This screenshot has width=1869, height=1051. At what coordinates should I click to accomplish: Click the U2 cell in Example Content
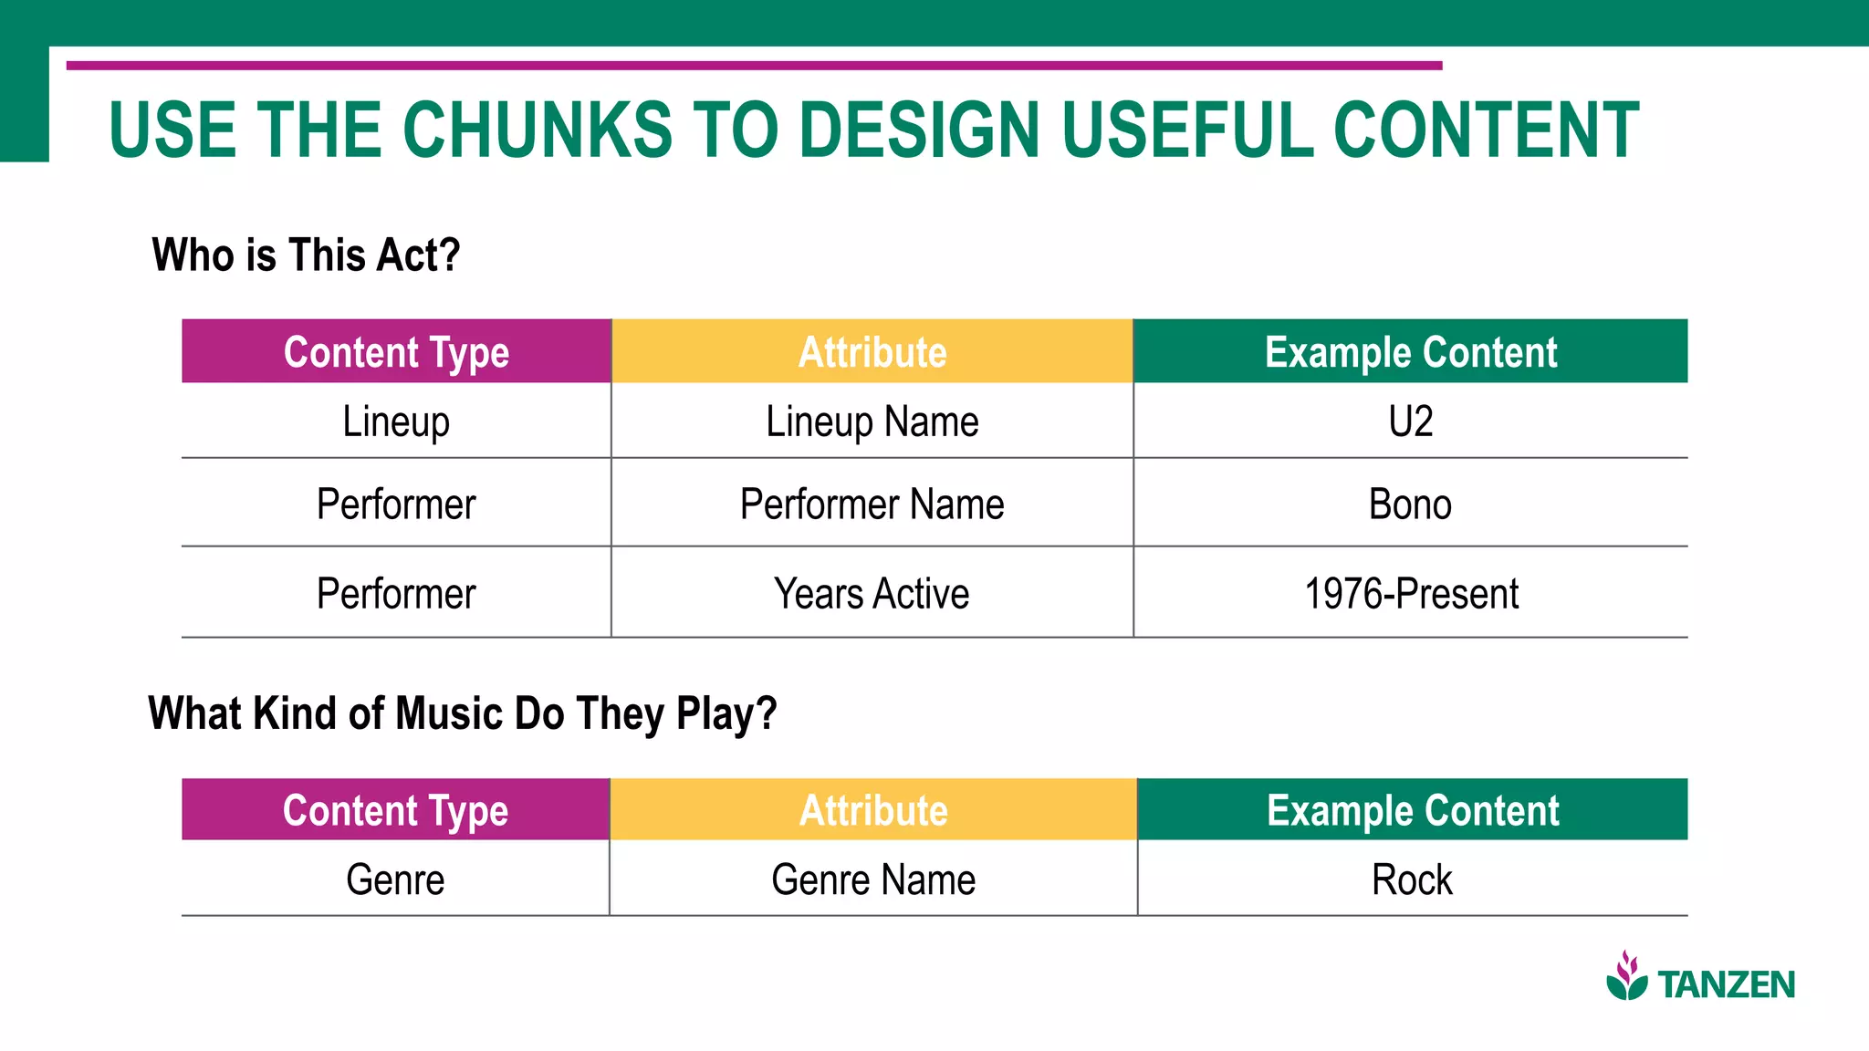pos(1410,421)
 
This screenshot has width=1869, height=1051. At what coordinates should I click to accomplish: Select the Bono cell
pos(1410,505)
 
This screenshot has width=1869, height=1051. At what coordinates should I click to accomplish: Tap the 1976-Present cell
pos(1411,594)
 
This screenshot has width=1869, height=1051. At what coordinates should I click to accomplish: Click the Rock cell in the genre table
pos(1412,880)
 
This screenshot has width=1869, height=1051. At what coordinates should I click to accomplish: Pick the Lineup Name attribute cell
pos(872,421)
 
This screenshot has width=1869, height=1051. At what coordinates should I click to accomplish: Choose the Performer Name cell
pos(872,505)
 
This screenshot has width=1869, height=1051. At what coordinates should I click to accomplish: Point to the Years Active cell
pos(872,594)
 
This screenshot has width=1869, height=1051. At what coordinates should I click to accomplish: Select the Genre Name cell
pos(873,880)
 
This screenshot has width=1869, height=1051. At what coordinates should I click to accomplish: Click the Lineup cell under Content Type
pos(396,421)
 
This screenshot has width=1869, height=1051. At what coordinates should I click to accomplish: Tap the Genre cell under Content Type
pos(395,880)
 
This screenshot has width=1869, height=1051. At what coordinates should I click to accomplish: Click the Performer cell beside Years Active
pos(396,594)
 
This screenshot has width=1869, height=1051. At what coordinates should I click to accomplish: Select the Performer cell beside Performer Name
pos(396,505)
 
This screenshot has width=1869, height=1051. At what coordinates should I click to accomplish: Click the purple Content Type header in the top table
pos(396,352)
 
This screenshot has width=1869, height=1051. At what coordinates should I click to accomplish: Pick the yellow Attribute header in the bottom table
pos(873,810)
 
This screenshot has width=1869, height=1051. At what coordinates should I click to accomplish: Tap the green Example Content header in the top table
pos(1411,352)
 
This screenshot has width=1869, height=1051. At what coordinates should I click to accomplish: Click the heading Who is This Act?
pos(306,255)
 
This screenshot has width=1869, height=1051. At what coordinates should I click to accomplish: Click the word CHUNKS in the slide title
pos(537,130)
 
